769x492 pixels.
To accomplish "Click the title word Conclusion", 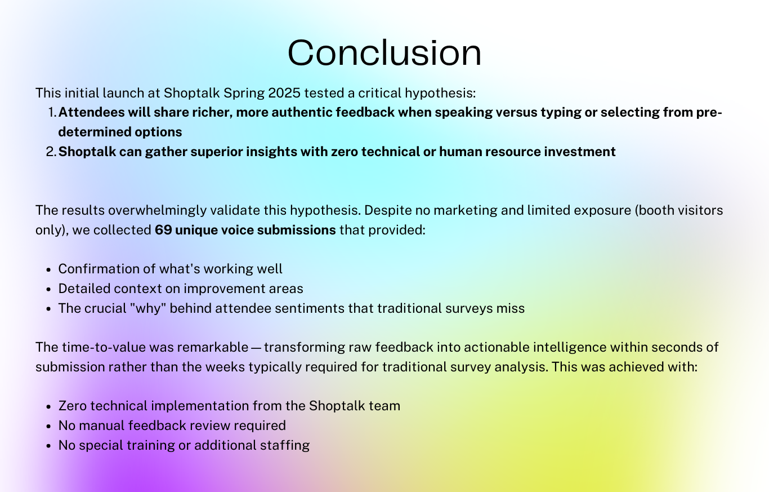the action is [x=384, y=53].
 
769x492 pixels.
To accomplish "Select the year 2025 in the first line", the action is [x=284, y=93].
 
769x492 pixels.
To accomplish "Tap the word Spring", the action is [x=244, y=94].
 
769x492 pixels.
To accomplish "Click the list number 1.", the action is [x=51, y=113].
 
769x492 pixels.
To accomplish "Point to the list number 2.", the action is [x=51, y=152].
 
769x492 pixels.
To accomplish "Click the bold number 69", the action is [x=163, y=230].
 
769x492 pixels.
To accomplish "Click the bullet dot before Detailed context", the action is [x=48, y=289].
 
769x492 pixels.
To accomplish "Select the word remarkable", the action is [x=212, y=347].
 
